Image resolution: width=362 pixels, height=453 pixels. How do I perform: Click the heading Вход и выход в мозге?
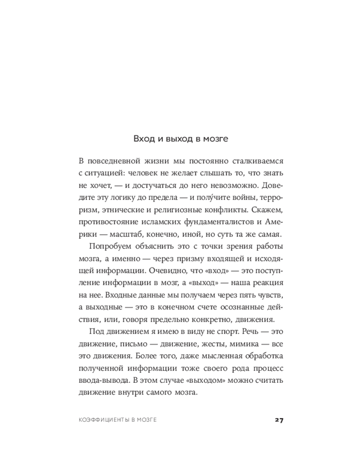tap(181, 139)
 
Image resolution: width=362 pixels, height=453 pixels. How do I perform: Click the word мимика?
tap(241, 344)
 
